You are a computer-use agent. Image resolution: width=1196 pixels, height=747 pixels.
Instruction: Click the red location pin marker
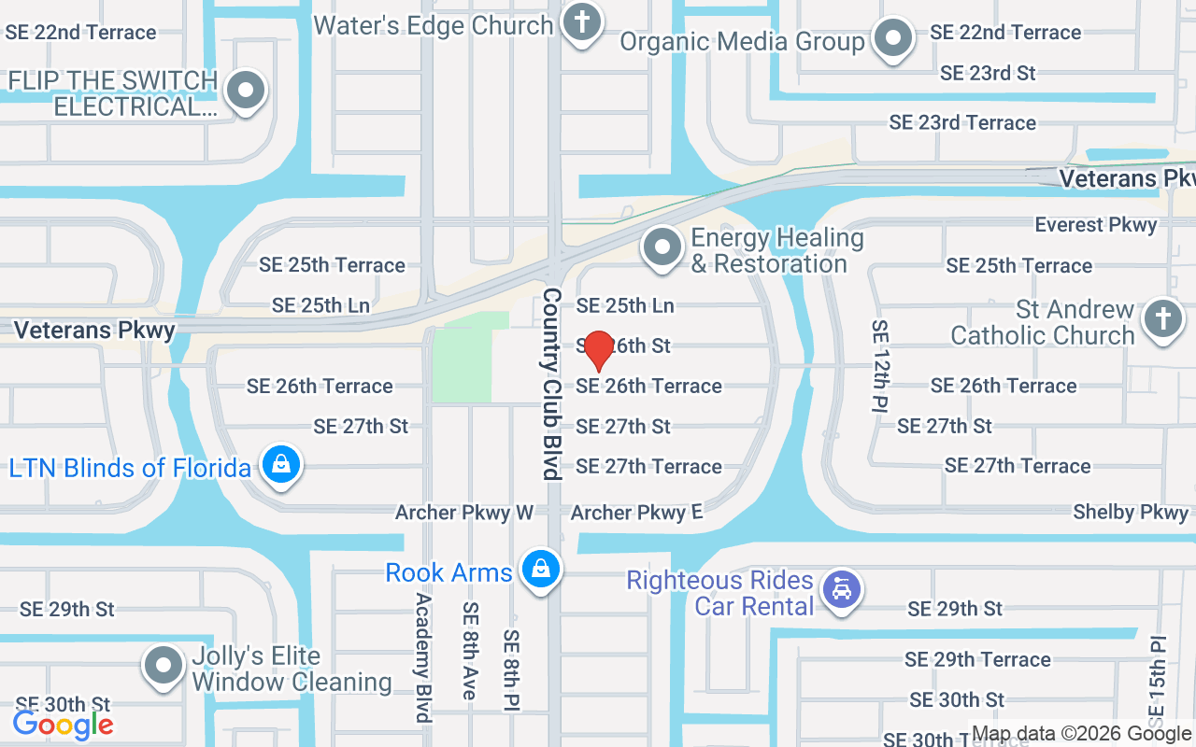coord(598,350)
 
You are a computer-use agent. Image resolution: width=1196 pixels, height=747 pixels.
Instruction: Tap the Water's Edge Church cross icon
coord(581,22)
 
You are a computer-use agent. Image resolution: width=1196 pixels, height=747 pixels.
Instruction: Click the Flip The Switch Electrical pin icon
coord(246,92)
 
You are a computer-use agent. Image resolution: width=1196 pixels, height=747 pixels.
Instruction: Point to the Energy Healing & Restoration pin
coord(663,248)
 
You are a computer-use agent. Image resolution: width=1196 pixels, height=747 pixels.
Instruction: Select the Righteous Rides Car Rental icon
coord(841,590)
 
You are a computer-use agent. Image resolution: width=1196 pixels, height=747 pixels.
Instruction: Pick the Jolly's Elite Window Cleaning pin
coord(164,666)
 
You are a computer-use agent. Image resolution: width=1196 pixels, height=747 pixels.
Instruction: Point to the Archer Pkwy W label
coord(463,513)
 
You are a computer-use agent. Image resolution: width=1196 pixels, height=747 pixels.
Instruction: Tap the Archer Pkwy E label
coord(635,513)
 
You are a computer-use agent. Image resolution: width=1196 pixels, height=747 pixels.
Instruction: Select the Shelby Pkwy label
coord(1131,512)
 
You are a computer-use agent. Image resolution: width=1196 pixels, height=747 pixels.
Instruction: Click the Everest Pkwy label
coord(1095,225)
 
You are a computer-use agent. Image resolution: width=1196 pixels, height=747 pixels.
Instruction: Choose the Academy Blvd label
coord(423,657)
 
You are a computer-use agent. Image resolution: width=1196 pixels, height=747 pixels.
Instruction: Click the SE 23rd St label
coord(988,73)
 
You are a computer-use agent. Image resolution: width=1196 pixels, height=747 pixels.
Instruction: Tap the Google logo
coord(64,724)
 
